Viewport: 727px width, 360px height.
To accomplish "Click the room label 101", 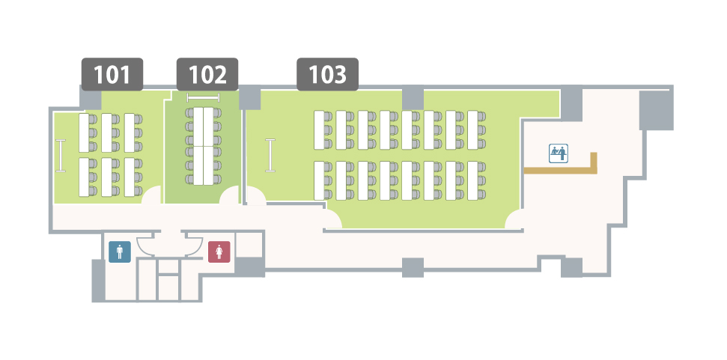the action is click(x=112, y=74).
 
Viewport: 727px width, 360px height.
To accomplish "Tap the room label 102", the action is click(x=207, y=74).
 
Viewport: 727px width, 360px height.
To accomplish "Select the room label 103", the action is click(x=327, y=74).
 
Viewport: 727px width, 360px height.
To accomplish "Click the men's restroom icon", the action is click(x=120, y=251).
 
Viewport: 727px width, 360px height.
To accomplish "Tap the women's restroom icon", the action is click(x=219, y=251).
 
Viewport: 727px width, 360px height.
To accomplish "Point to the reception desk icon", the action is click(x=559, y=153).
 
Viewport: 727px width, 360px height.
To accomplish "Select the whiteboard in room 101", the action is click(x=61, y=156).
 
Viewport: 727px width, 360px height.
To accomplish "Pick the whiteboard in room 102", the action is click(x=203, y=97).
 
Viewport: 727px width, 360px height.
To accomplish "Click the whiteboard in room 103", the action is click(x=270, y=155).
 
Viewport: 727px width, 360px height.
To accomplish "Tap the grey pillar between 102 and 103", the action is click(x=249, y=98).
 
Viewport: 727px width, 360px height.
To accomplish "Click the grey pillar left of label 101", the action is click(x=91, y=98).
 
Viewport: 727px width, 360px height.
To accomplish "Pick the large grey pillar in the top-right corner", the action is click(x=656, y=110).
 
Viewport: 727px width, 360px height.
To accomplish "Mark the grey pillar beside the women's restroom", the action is click(x=250, y=267).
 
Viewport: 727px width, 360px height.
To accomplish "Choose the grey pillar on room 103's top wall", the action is click(x=413, y=98).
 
